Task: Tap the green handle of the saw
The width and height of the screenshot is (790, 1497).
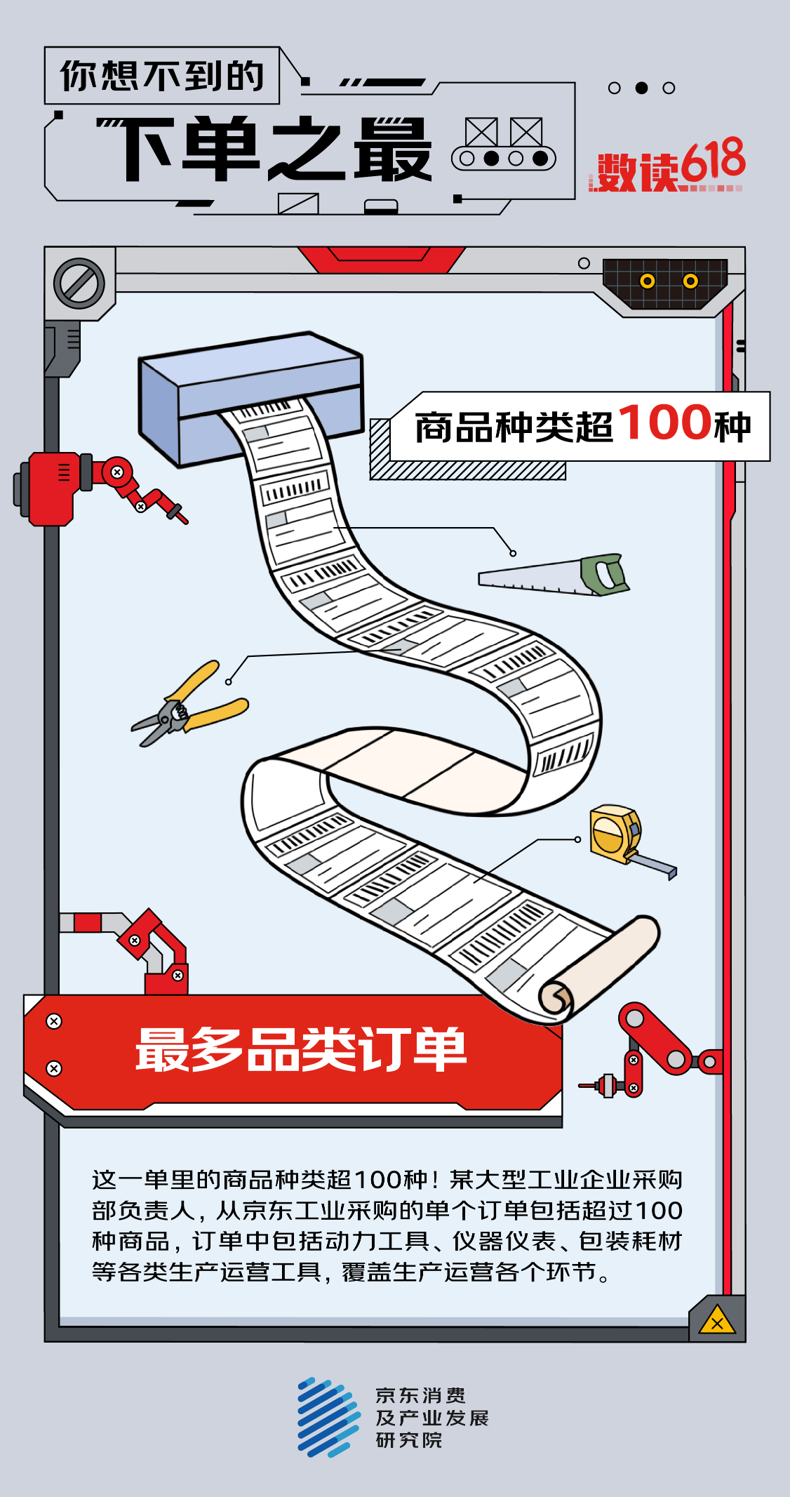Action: pyautogui.click(x=604, y=574)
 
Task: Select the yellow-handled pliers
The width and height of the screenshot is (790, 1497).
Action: pyautogui.click(x=189, y=705)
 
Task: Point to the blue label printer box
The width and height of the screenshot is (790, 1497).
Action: pyautogui.click(x=250, y=397)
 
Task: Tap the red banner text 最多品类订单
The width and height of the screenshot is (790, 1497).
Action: pyautogui.click(x=302, y=1050)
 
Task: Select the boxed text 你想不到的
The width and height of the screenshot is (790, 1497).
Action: pyautogui.click(x=162, y=76)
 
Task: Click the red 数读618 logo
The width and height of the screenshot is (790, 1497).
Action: pyautogui.click(x=667, y=165)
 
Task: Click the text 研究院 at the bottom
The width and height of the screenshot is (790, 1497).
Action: pyautogui.click(x=409, y=1441)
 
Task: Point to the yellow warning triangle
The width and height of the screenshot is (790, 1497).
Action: pyautogui.click(x=717, y=1321)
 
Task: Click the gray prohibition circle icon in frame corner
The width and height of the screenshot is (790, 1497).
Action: pyautogui.click(x=79, y=284)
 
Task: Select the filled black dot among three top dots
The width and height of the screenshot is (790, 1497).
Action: pyautogui.click(x=641, y=88)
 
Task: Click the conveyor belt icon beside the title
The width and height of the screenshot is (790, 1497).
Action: pyautogui.click(x=504, y=144)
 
